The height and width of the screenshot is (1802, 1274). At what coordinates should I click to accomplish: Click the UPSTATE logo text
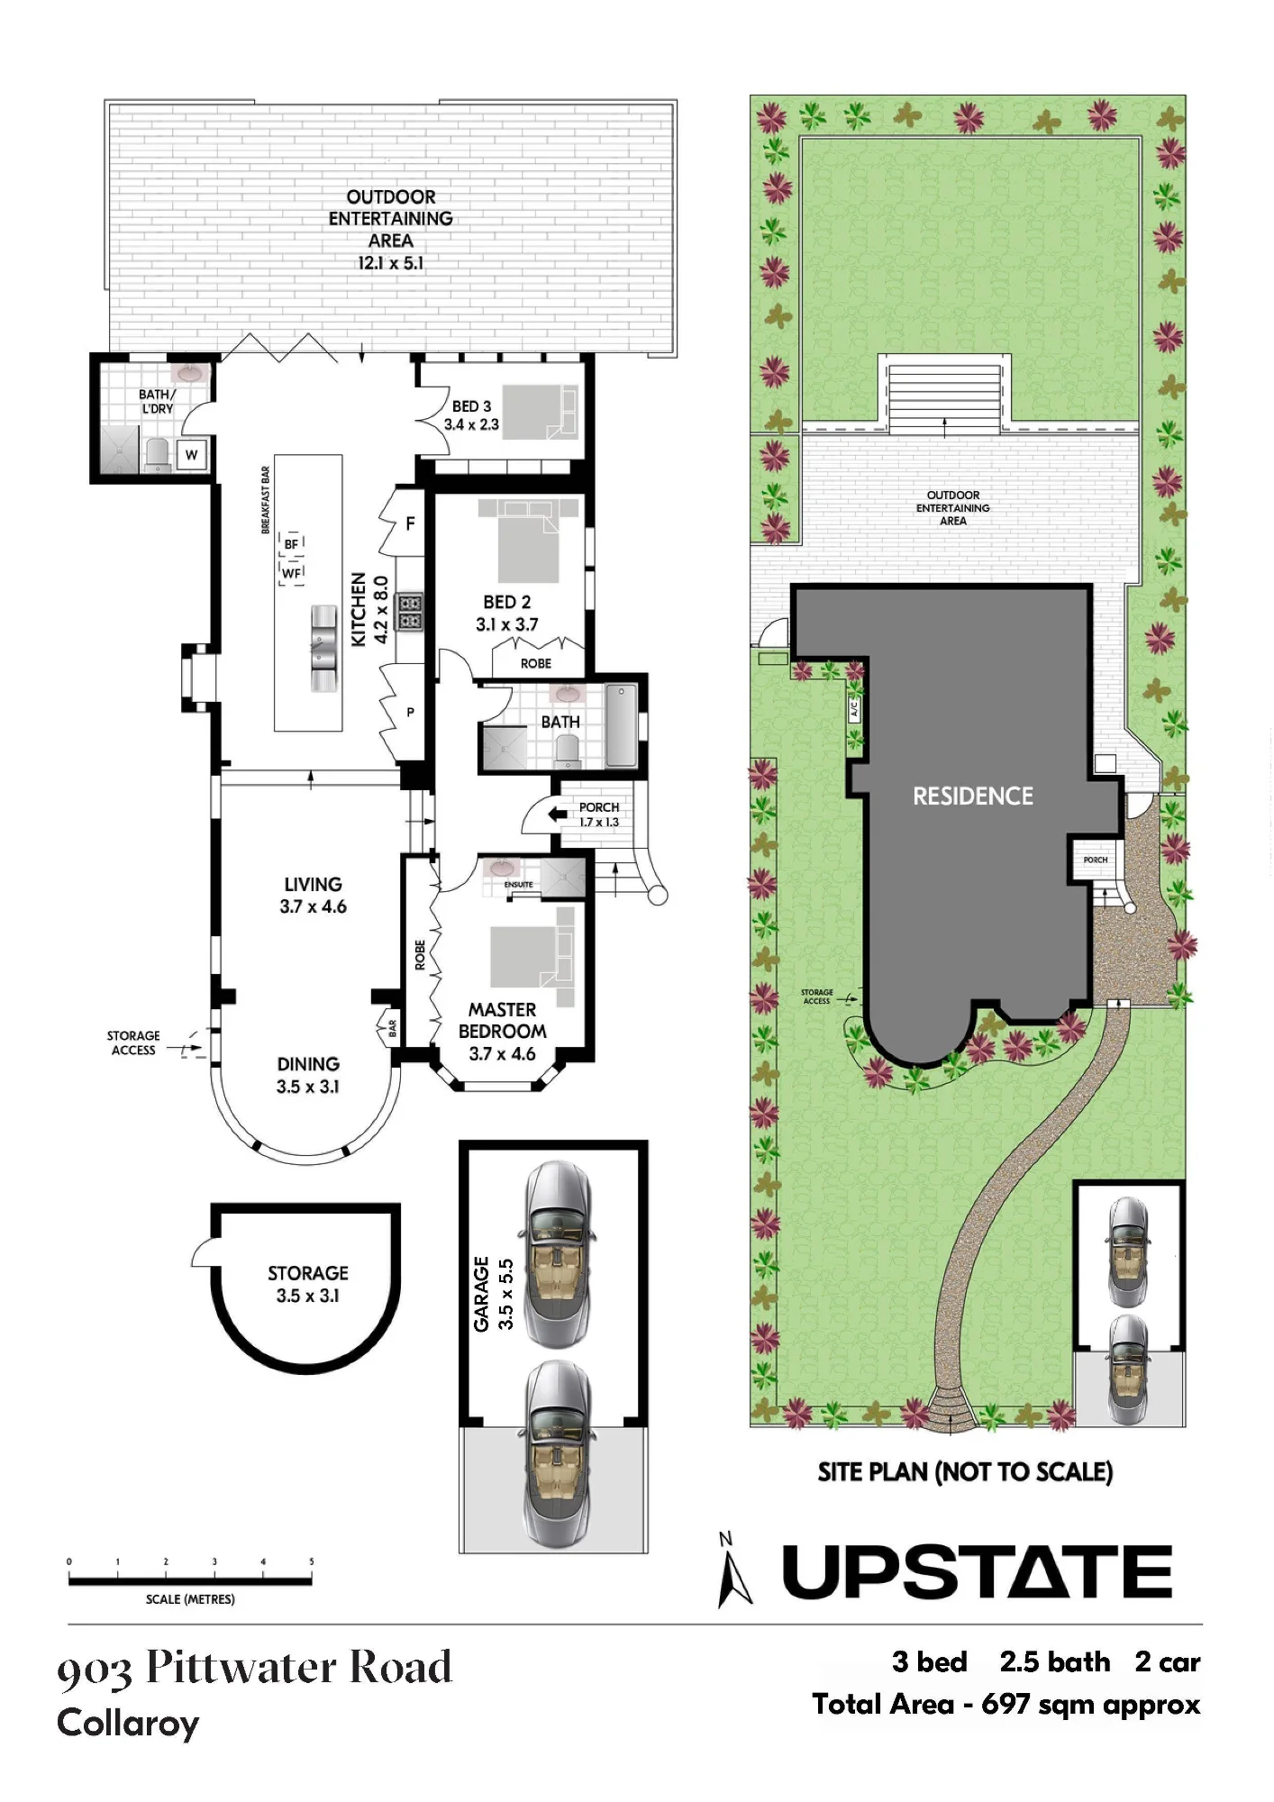pos(978,1571)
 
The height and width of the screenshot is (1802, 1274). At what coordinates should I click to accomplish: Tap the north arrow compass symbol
pos(733,1570)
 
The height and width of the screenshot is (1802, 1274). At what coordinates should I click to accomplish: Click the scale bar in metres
pos(190,1579)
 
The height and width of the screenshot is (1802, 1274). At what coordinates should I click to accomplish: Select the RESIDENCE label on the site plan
pos(973,796)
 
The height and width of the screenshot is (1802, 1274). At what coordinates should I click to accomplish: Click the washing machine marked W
pos(192,455)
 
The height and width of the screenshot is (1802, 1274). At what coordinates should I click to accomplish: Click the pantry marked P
pos(410,712)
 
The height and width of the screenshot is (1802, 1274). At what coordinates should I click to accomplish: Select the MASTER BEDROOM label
pos(502,1020)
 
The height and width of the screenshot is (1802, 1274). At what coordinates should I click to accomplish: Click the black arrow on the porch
pos(558,815)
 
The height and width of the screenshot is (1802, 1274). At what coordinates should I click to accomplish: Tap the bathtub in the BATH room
pos(621,725)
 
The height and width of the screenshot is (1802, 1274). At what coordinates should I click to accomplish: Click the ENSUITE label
pos(518,885)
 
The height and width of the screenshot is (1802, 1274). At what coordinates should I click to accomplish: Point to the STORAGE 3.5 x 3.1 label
pos(307,1284)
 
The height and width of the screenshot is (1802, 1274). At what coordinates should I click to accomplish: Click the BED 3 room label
pos(471,406)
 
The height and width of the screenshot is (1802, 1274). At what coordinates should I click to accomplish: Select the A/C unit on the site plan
pos(854,708)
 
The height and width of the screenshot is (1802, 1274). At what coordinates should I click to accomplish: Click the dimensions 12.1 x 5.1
pos(390,263)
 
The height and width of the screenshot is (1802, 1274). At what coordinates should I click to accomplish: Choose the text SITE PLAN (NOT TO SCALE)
pos(965,1471)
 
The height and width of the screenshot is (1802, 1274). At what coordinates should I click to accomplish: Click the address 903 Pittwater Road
pos(254,1668)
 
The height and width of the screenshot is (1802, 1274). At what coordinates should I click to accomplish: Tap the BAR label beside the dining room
pos(392,1028)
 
